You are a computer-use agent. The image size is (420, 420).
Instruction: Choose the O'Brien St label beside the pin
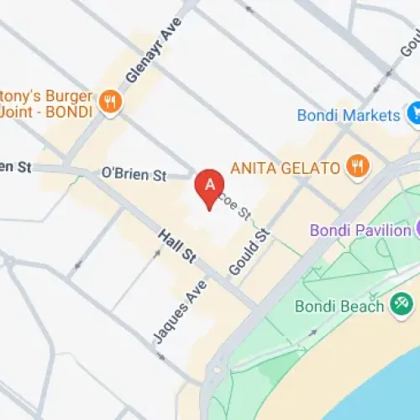click(x=134, y=174)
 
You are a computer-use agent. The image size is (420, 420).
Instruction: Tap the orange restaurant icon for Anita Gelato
click(x=357, y=166)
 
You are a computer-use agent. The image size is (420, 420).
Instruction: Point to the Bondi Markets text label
click(x=349, y=113)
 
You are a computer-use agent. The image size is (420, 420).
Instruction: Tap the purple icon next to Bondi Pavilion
click(x=417, y=228)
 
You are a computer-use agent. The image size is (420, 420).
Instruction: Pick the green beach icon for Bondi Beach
click(x=402, y=306)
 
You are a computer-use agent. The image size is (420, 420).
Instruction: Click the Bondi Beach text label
click(x=340, y=307)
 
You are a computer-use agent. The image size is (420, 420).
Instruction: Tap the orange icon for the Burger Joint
click(x=108, y=102)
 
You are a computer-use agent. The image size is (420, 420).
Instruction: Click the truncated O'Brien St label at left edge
click(x=15, y=166)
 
